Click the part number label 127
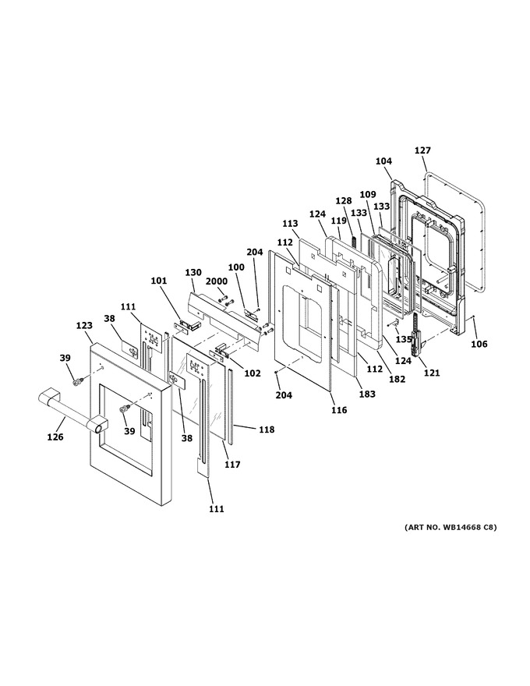pyautogui.click(x=423, y=150)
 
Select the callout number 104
pyautogui.click(x=383, y=161)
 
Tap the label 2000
pyautogui.click(x=217, y=282)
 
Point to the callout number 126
pyautogui.click(x=55, y=437)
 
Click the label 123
pyautogui.click(x=84, y=326)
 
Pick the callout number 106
pyautogui.click(x=479, y=344)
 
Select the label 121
pyautogui.click(x=432, y=373)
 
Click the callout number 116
pyautogui.click(x=339, y=410)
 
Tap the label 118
pyautogui.click(x=267, y=430)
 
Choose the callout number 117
pyautogui.click(x=232, y=464)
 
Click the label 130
pyautogui.click(x=193, y=273)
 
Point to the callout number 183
pyautogui.click(x=367, y=394)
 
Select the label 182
pyautogui.click(x=397, y=379)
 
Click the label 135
pyautogui.click(x=404, y=339)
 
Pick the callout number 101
pyautogui.click(x=159, y=280)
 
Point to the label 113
pyautogui.click(x=290, y=224)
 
